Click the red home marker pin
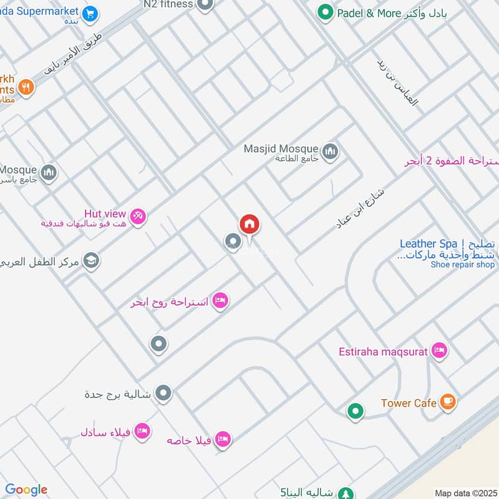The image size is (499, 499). pos(249,224)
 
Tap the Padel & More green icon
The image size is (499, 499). pos(324,12)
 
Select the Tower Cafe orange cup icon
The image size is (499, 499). pos(447,402)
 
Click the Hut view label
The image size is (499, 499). pos(105,214)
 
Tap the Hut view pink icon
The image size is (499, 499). pos(138,216)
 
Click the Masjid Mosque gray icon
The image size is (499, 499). pos(331,150)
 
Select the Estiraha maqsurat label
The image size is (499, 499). pos(384,352)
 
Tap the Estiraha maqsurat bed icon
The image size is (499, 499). pos(439,351)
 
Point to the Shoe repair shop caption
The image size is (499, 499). pos(462,264)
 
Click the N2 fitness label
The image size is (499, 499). pos(168,4)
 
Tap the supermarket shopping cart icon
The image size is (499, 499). pos(90,12)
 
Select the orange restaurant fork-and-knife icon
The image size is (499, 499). pos(26,87)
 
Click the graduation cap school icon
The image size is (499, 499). pos(91,261)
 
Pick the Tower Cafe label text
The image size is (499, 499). pos(409,403)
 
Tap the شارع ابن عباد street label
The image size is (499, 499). pos(361,209)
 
